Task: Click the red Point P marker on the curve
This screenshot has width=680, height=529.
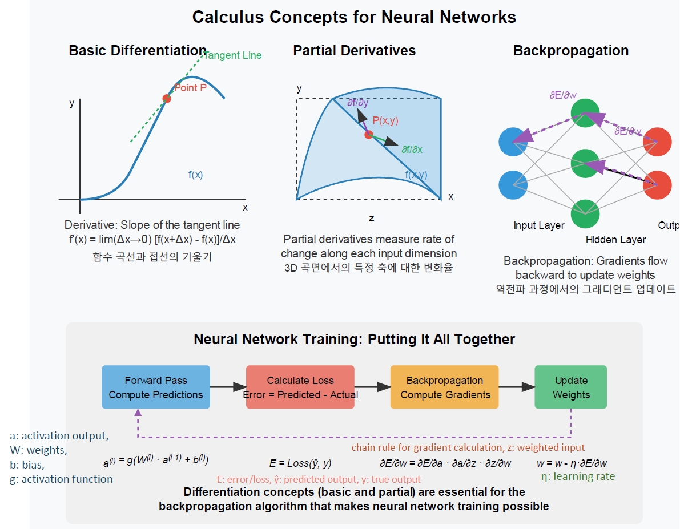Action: tap(167, 98)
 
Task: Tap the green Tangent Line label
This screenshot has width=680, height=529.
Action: tap(232, 55)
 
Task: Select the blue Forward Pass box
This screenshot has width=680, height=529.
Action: tap(156, 387)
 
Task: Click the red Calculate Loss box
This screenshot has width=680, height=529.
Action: tap(300, 387)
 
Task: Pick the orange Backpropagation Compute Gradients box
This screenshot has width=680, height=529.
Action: tap(445, 387)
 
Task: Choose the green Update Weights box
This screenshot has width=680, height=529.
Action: tap(571, 387)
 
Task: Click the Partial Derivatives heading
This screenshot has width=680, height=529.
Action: tap(354, 50)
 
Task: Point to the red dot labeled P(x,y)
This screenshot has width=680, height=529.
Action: tap(368, 135)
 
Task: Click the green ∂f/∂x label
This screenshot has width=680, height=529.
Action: tap(411, 150)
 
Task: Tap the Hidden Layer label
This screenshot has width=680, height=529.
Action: tap(615, 240)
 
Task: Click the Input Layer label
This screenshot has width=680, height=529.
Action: tap(539, 225)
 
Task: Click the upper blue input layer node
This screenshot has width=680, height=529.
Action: tap(513, 142)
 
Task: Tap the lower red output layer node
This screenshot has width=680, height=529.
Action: tap(657, 185)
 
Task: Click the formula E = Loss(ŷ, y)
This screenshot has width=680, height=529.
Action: tap(300, 463)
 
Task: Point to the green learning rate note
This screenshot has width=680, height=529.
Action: tap(578, 476)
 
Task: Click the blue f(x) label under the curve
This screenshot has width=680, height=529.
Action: tap(195, 175)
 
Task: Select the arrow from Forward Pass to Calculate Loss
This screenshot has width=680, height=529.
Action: tap(228, 387)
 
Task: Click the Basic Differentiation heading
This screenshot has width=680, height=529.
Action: tap(138, 50)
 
